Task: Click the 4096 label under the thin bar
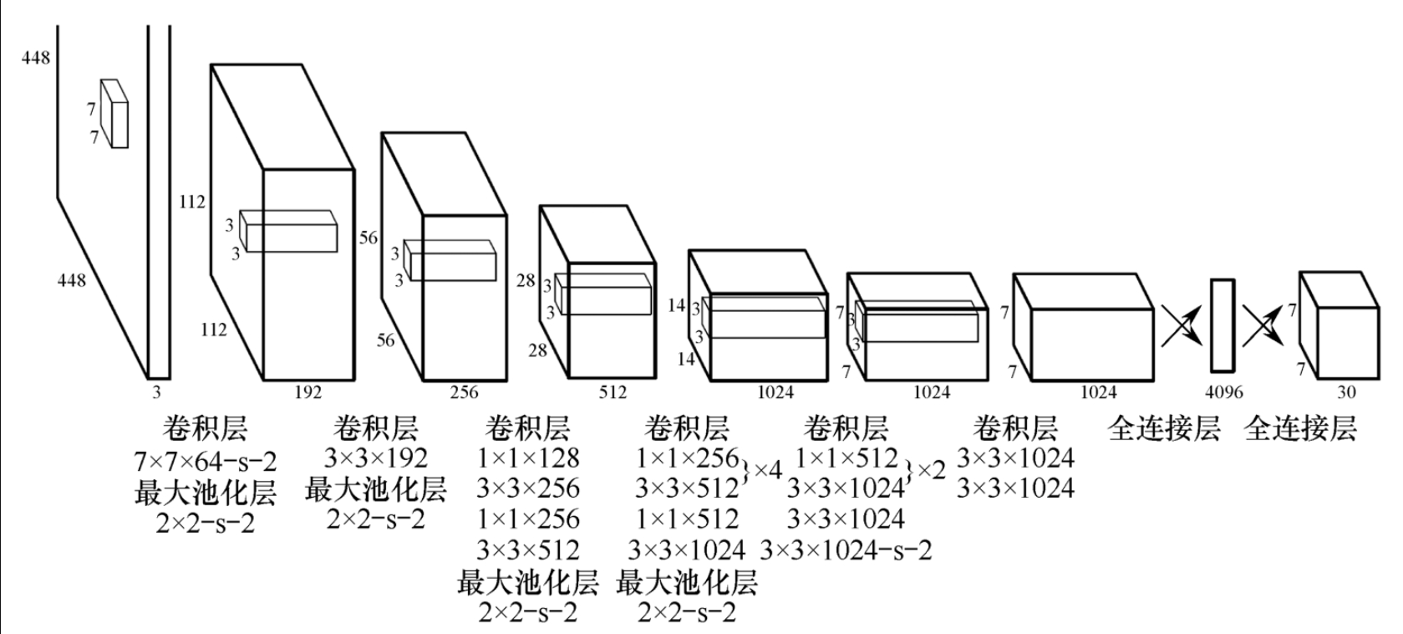click(x=1224, y=391)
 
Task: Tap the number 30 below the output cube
click(x=1346, y=391)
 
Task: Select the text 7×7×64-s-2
click(x=205, y=461)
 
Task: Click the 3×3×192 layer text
click(x=375, y=458)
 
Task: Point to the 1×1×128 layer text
click(x=528, y=458)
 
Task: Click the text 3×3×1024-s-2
click(x=846, y=550)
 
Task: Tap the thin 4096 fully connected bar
click(x=1223, y=325)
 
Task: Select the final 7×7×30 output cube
click(x=1339, y=326)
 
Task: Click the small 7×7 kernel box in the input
click(x=114, y=115)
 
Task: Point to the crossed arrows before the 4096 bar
click(x=1181, y=325)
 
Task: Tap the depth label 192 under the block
click(x=308, y=391)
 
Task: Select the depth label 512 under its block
click(x=612, y=391)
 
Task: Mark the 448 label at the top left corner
click(x=36, y=58)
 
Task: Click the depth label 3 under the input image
click(x=156, y=391)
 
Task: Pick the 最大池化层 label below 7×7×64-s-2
click(x=205, y=493)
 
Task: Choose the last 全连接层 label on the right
click(x=1300, y=429)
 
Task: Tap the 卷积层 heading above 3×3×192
click(x=375, y=429)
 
